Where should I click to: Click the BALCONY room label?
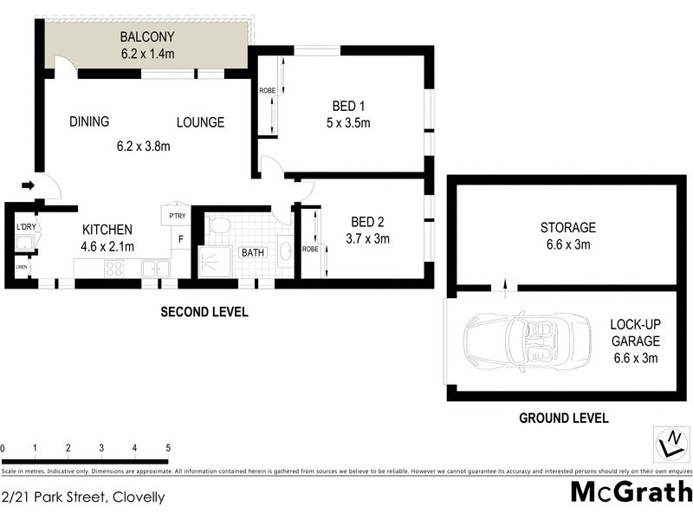tap(147, 37)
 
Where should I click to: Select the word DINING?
tap(89, 122)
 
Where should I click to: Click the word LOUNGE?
tap(201, 122)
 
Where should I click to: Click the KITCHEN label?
tap(107, 230)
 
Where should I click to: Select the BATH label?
tap(253, 253)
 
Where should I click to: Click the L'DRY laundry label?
tap(26, 227)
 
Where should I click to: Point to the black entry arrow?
tap(28, 185)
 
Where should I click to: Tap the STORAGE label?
tap(568, 228)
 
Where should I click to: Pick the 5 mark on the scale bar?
tap(167, 448)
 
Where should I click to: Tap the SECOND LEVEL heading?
tap(204, 312)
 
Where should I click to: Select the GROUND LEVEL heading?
tap(563, 418)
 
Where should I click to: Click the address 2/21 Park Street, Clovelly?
tap(83, 497)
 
